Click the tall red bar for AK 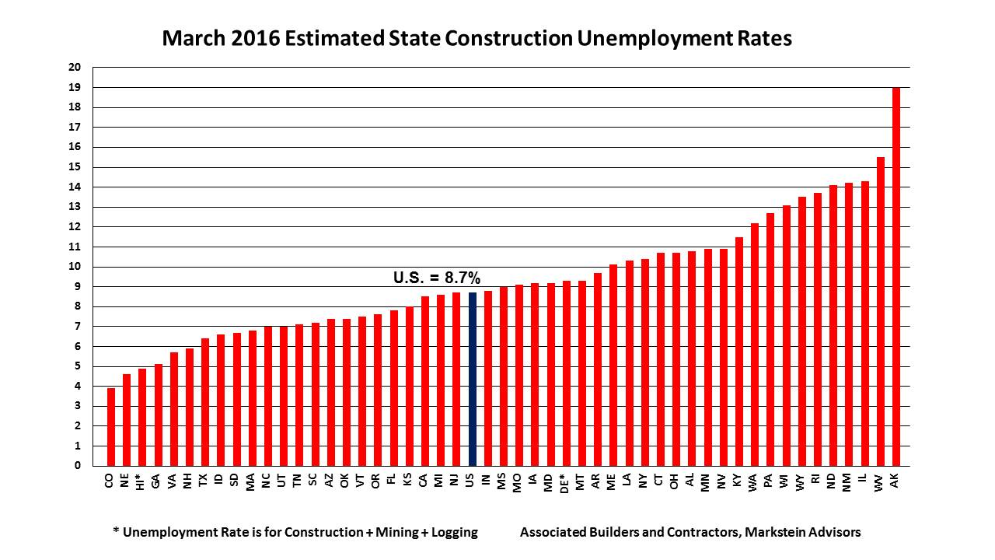pyautogui.click(x=896, y=276)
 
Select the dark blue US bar pyautogui.click(x=472, y=379)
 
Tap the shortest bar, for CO pyautogui.click(x=110, y=427)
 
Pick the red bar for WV pyautogui.click(x=881, y=311)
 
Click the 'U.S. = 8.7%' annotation pyautogui.click(x=437, y=277)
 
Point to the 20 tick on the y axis pyautogui.click(x=75, y=67)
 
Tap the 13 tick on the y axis pyautogui.click(x=75, y=207)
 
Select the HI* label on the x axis pyautogui.click(x=141, y=482)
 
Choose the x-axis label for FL pyautogui.click(x=393, y=481)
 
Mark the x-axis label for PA pyautogui.click(x=770, y=481)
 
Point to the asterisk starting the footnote pyautogui.click(x=116, y=532)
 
